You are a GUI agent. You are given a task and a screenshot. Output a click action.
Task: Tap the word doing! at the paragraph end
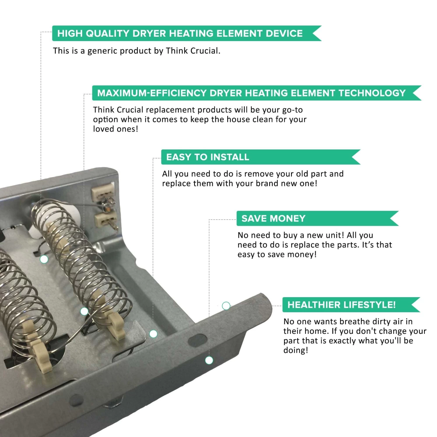click(x=296, y=350)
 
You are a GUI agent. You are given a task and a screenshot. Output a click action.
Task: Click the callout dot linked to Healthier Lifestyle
click(x=226, y=306)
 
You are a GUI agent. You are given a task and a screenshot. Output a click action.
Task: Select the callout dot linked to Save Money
click(x=209, y=360)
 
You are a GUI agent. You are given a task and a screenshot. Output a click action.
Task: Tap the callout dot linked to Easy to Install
click(x=153, y=334)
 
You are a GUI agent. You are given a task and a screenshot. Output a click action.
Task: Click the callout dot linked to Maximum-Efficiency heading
click(x=84, y=311)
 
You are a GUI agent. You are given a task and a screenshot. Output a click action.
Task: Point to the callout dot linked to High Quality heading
click(x=44, y=259)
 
